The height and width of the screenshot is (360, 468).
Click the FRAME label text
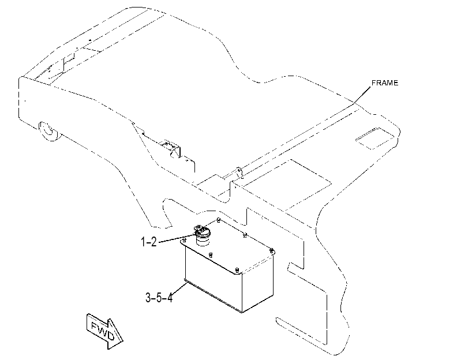click(385, 83)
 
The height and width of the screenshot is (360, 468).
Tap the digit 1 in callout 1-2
click(144, 242)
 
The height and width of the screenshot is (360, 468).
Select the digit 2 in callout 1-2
click(153, 242)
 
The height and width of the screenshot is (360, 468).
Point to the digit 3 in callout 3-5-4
click(148, 297)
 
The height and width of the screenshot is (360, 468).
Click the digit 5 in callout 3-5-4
click(159, 297)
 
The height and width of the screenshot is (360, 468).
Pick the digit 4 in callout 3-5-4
click(170, 297)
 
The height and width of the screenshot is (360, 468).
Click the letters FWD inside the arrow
click(102, 331)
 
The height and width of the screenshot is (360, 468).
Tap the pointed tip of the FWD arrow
click(123, 340)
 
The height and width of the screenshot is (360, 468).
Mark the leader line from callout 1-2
click(177, 238)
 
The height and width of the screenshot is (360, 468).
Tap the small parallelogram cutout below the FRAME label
click(375, 138)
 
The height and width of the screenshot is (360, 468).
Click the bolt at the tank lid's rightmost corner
click(272, 250)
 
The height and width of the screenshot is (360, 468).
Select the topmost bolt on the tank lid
click(219, 220)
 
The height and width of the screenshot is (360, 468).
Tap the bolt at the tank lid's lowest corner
click(237, 271)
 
